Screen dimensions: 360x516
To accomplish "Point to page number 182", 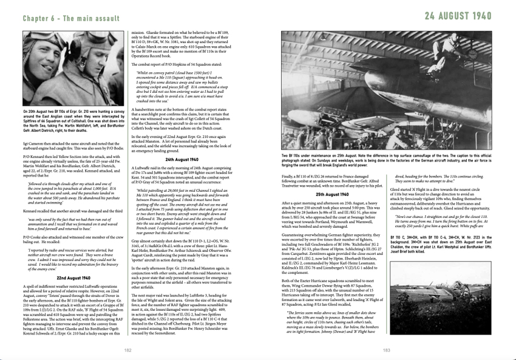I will point(128,350).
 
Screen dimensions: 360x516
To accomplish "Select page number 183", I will point(387,350).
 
